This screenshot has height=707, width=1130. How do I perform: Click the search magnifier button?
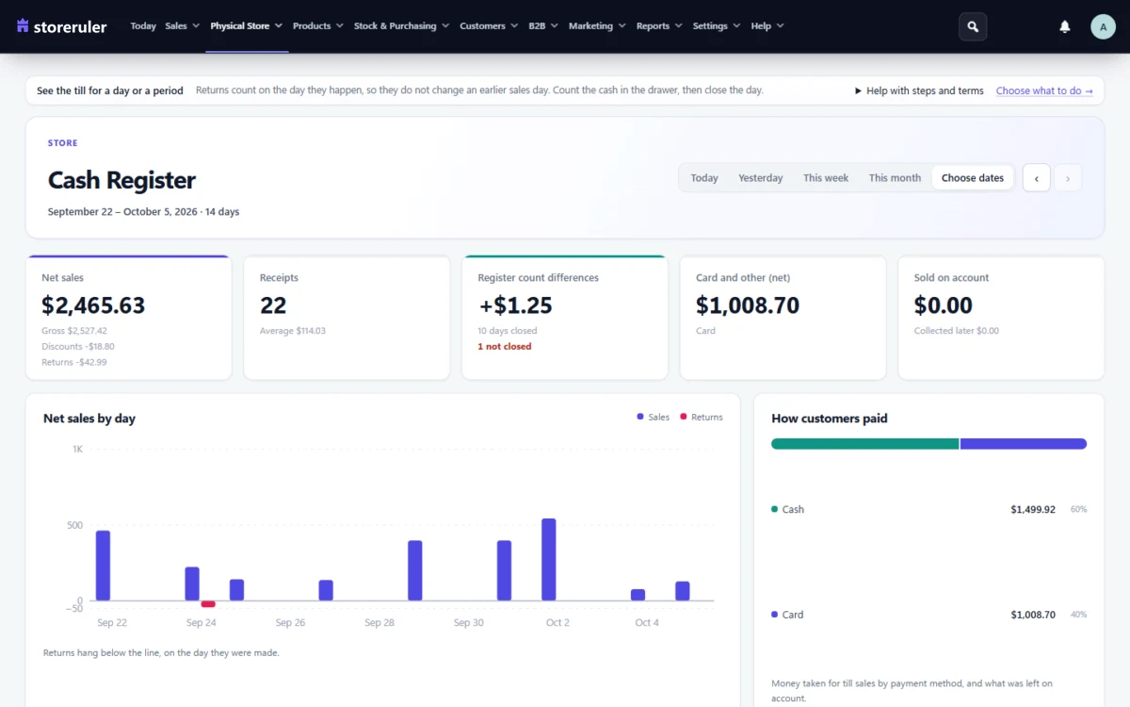click(973, 26)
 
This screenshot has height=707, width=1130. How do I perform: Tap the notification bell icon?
click(1064, 26)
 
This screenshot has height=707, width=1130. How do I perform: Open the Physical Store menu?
click(246, 25)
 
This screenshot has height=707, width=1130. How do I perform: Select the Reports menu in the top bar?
click(659, 25)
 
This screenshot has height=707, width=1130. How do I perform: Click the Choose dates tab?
click(972, 178)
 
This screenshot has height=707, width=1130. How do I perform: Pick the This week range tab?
click(825, 178)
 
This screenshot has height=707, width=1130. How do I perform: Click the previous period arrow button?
click(1036, 178)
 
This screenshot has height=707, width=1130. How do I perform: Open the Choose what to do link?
click(1043, 90)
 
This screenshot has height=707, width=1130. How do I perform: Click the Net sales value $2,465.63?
click(93, 305)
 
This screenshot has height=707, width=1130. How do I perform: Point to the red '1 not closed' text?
click(505, 347)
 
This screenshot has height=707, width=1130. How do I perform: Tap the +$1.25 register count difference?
click(515, 305)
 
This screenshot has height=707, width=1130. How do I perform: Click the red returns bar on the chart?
click(208, 604)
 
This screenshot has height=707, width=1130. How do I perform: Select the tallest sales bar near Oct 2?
click(549, 560)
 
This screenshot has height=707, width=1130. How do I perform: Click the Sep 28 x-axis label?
click(379, 623)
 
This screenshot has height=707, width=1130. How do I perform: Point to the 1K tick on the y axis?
click(77, 449)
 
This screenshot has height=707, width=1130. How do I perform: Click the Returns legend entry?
click(702, 417)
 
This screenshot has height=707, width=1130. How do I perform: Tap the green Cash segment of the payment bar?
click(864, 444)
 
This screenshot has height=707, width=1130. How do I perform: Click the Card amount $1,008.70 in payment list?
click(1033, 615)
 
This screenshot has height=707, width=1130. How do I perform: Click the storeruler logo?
click(61, 26)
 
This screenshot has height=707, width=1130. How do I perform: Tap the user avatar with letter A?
click(1103, 26)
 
